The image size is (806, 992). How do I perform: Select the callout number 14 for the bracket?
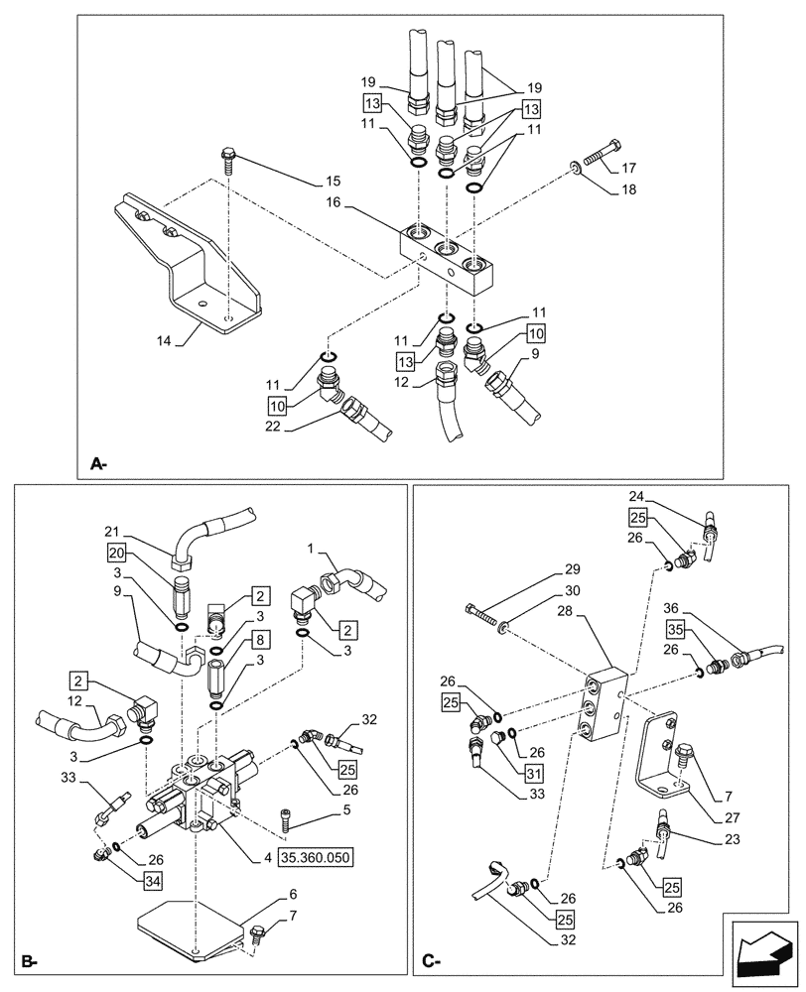164,340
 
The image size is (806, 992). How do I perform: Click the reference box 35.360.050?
316,855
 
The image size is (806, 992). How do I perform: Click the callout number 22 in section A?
274,426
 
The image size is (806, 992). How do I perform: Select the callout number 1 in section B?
310,549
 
